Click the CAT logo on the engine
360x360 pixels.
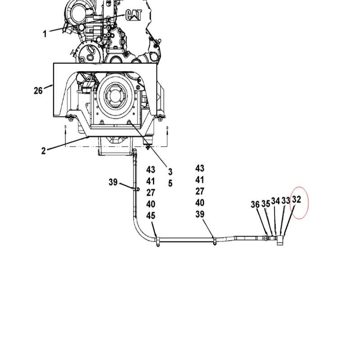click(134, 15)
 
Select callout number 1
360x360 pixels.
click(45, 34)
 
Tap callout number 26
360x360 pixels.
click(38, 91)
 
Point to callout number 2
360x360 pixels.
click(43, 151)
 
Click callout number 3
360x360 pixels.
click(170, 171)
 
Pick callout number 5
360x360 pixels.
click(170, 183)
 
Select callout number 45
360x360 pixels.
click(151, 216)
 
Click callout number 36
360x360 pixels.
click(255, 204)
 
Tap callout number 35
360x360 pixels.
click(266, 204)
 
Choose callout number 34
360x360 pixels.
click(275, 201)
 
